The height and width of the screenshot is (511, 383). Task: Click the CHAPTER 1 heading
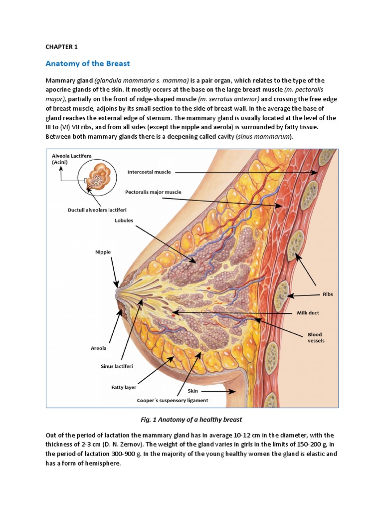(62, 47)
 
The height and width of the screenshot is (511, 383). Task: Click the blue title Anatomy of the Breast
(88, 63)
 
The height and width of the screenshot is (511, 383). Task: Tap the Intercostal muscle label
(149, 172)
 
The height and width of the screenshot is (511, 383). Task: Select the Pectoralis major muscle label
(153, 192)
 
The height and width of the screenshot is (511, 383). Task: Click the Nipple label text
(103, 252)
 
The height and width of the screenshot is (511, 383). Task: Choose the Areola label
(99, 348)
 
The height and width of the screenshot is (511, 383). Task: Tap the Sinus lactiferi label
(117, 366)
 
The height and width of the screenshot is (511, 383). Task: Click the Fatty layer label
(124, 387)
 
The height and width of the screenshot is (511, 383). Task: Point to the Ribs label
(328, 294)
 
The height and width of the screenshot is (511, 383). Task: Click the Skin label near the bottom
(192, 391)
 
